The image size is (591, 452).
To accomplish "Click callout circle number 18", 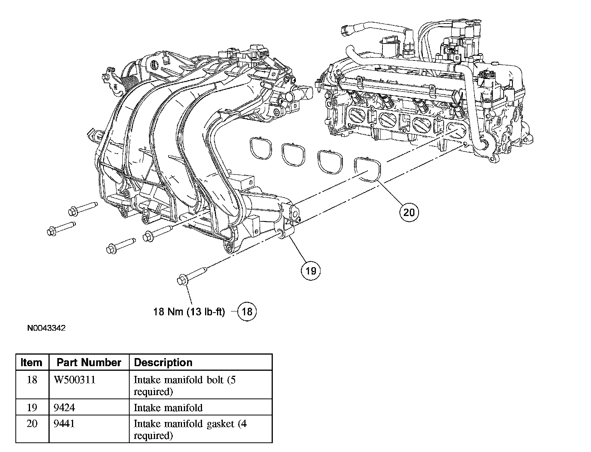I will click(247, 311).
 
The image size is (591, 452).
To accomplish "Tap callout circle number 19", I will click(311, 271).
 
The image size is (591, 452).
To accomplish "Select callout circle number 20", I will click(409, 212).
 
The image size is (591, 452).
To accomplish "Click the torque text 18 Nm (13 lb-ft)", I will click(189, 311).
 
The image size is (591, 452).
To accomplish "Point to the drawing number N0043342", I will click(47, 328).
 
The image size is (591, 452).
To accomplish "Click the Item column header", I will click(32, 363).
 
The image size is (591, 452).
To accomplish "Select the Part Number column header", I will click(89, 363).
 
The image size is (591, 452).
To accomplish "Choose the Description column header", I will click(163, 363).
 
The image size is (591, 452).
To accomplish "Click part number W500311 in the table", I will click(75, 380).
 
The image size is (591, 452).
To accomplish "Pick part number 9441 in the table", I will click(64, 424).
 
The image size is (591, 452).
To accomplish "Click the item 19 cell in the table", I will click(32, 407).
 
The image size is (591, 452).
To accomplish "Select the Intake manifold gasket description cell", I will click(190, 429).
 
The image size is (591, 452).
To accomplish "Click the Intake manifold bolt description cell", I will click(190, 386).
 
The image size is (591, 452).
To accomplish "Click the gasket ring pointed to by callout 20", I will click(368, 169).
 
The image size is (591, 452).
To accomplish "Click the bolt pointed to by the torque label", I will click(192, 275).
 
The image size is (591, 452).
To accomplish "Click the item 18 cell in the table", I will click(32, 380).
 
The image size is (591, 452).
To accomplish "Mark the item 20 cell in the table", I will click(32, 424).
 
